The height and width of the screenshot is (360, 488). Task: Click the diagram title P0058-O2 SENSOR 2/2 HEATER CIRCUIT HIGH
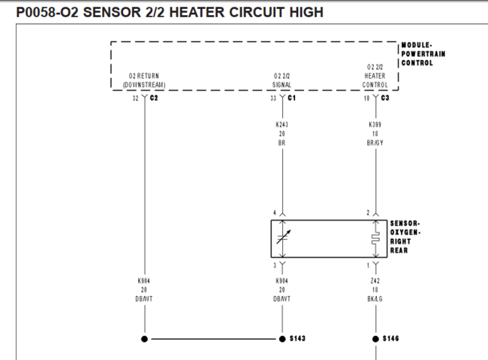169,12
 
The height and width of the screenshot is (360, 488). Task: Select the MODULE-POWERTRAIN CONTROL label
423,53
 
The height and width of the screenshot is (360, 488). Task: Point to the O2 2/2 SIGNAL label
282,80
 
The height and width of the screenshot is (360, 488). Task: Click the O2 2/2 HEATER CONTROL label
375,76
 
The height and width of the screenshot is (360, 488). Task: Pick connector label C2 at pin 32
154,97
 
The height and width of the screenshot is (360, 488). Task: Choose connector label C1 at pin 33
292,97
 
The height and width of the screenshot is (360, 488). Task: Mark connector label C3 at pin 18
385,97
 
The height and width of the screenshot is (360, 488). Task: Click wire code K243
282,124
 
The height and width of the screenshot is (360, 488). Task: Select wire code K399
375,124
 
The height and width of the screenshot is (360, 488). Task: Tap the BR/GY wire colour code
375,142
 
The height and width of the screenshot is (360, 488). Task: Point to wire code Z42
375,280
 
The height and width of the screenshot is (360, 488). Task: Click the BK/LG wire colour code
375,298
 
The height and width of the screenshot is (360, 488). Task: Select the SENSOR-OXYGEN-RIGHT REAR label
406,236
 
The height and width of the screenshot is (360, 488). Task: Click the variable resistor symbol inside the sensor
282,237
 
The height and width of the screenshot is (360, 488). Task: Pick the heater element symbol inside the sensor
375,237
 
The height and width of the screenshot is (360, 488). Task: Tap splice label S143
297,339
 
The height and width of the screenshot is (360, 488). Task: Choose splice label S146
390,339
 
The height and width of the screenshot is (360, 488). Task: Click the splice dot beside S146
375,339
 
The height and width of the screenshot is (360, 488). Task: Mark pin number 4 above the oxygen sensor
275,213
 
